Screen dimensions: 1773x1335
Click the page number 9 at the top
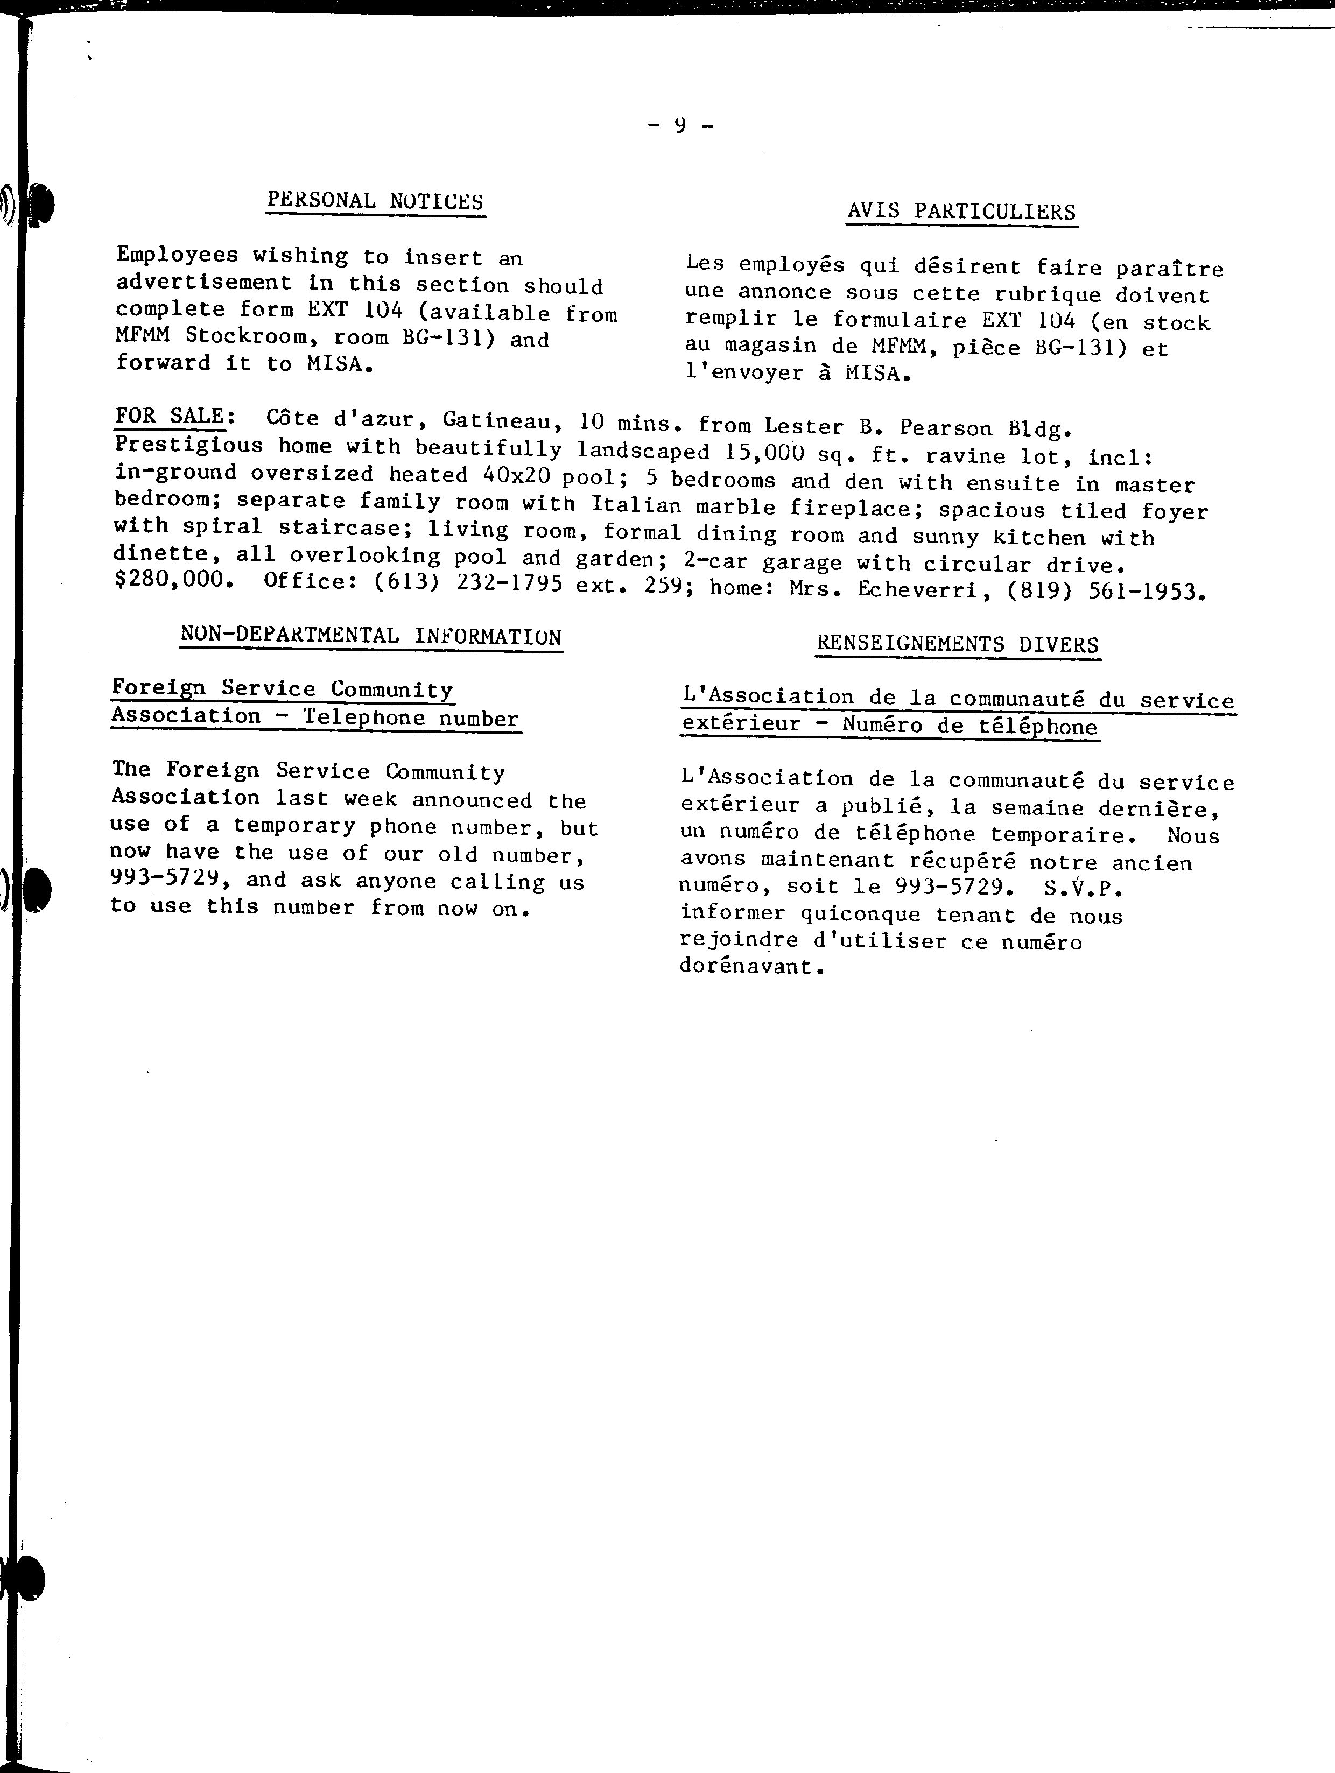point(680,125)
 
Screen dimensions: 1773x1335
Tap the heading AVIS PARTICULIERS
point(961,212)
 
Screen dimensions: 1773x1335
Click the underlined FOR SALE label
point(169,416)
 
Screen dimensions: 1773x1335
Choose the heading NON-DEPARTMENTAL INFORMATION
point(371,636)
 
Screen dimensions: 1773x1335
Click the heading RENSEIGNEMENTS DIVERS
point(957,644)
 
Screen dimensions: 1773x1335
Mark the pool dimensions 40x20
point(516,475)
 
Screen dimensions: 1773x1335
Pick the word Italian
point(637,505)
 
